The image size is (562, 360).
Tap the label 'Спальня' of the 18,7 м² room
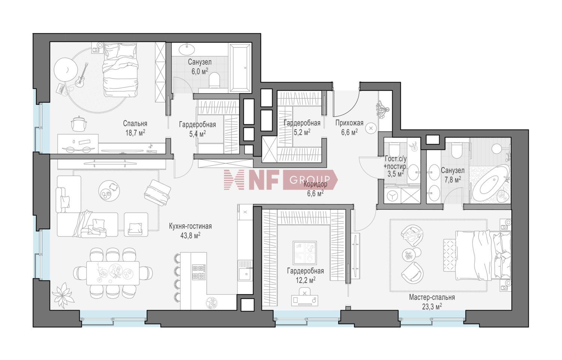coord(135,123)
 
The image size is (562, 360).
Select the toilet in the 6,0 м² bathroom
coord(215,79)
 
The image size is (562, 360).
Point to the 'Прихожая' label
coord(349,122)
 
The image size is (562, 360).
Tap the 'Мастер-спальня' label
coord(432,297)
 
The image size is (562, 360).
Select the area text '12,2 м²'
coord(306,279)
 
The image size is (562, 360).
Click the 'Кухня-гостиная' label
coord(190,226)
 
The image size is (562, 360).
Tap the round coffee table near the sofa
coord(109,190)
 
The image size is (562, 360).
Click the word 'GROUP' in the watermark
coord(309,180)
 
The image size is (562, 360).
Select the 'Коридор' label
coord(315,184)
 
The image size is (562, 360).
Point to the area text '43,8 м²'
coord(190,235)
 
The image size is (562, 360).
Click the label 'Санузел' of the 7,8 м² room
coord(453,170)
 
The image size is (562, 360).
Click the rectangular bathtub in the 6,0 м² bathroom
coord(240,68)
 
